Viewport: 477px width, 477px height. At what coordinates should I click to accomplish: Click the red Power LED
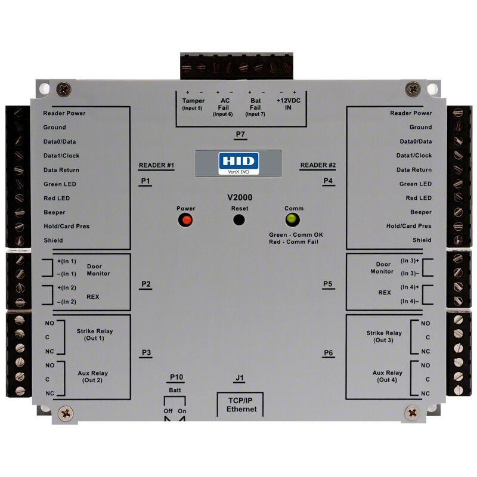[185, 220]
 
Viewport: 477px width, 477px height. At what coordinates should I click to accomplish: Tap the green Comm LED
[292, 219]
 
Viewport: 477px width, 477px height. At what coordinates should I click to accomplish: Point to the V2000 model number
[240, 197]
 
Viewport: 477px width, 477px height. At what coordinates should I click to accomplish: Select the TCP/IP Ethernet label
[241, 405]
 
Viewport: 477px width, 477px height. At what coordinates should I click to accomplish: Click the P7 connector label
[240, 134]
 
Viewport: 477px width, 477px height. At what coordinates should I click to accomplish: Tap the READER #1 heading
[156, 165]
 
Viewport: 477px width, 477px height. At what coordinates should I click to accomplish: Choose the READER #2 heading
[318, 165]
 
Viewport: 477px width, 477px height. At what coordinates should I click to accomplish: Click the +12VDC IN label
[288, 104]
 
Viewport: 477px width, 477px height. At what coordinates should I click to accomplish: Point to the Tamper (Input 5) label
[193, 104]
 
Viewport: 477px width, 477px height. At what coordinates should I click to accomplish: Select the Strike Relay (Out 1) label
[95, 334]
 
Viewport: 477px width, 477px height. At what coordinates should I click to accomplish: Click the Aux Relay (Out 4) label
[387, 376]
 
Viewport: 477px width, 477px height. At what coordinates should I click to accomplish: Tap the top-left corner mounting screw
[64, 90]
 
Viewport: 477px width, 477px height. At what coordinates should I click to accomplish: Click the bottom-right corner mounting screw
[413, 413]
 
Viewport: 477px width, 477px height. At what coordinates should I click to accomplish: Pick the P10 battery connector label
[176, 377]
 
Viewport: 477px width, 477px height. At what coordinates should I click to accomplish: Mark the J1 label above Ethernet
[240, 378]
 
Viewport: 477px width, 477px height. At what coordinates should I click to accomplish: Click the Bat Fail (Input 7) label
[255, 107]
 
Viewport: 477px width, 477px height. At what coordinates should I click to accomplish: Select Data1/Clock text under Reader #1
[61, 156]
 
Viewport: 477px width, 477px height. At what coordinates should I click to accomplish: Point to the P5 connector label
[327, 284]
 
